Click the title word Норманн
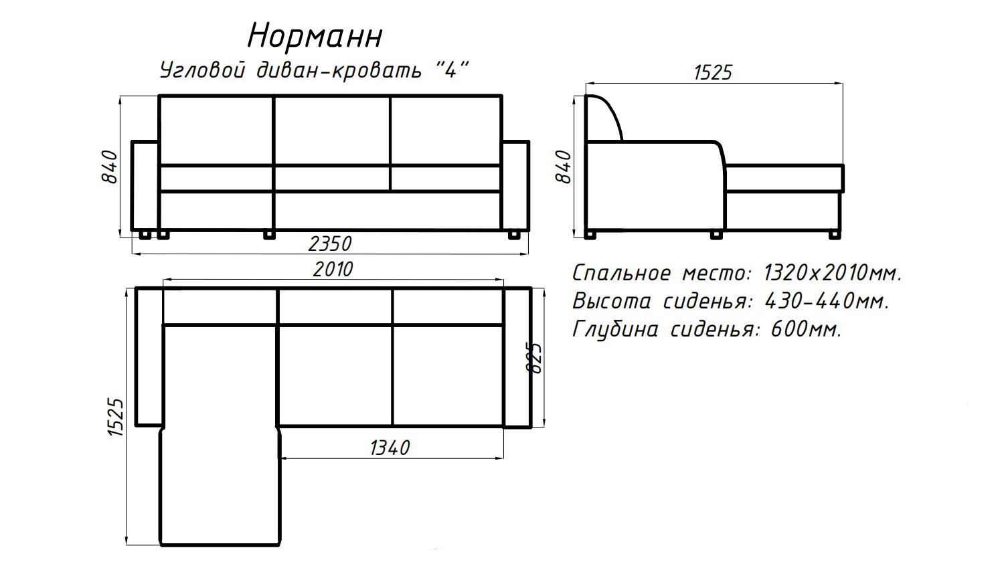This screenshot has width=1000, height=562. pyautogui.click(x=315, y=36)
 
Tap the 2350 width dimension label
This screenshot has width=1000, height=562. pyautogui.click(x=330, y=243)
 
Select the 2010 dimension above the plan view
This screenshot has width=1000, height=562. pyautogui.click(x=333, y=269)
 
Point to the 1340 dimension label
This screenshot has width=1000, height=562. pyautogui.click(x=390, y=447)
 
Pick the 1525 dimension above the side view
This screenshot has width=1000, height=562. pyautogui.click(x=714, y=72)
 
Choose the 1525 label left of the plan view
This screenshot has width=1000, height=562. pyautogui.click(x=115, y=418)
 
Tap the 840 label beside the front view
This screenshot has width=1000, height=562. pyautogui.click(x=109, y=167)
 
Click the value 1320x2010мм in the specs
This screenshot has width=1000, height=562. pyautogui.click(x=833, y=273)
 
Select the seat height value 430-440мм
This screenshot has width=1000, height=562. pyautogui.click(x=827, y=301)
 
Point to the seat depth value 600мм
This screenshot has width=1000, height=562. pyautogui.click(x=807, y=329)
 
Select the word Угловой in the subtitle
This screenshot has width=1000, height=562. pyautogui.click(x=201, y=70)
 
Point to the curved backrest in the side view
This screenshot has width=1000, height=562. pyautogui.click(x=606, y=118)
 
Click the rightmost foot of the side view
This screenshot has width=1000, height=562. pyautogui.click(x=835, y=234)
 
